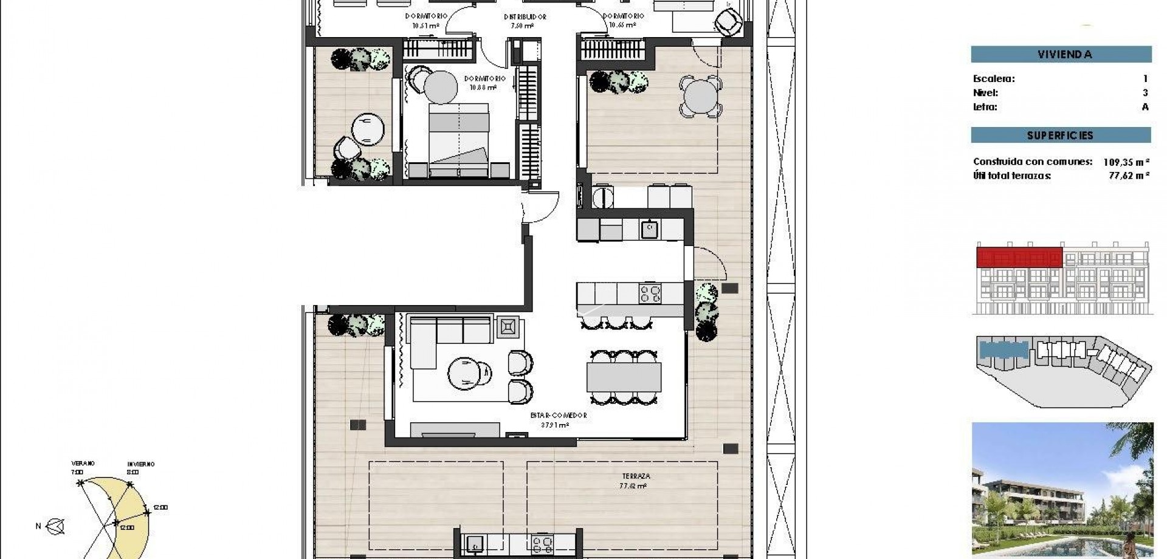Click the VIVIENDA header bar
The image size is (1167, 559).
pos(1061,54)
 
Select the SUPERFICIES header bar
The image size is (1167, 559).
pos(1061,135)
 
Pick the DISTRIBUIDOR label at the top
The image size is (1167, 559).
pos(525,17)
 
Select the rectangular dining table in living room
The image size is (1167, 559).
pos(624,377)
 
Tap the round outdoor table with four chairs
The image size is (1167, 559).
pos(701,96)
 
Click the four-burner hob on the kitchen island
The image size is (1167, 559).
pos(650,293)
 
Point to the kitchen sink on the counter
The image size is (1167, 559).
pos(649,229)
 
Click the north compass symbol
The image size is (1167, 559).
pos(57,526)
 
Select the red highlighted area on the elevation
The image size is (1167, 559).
pos(1019,257)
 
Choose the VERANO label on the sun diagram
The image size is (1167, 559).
pos(83,464)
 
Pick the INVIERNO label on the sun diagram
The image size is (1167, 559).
pos(140,464)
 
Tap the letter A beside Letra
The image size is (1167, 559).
pos(1145,107)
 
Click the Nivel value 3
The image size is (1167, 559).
pos(1145,93)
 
